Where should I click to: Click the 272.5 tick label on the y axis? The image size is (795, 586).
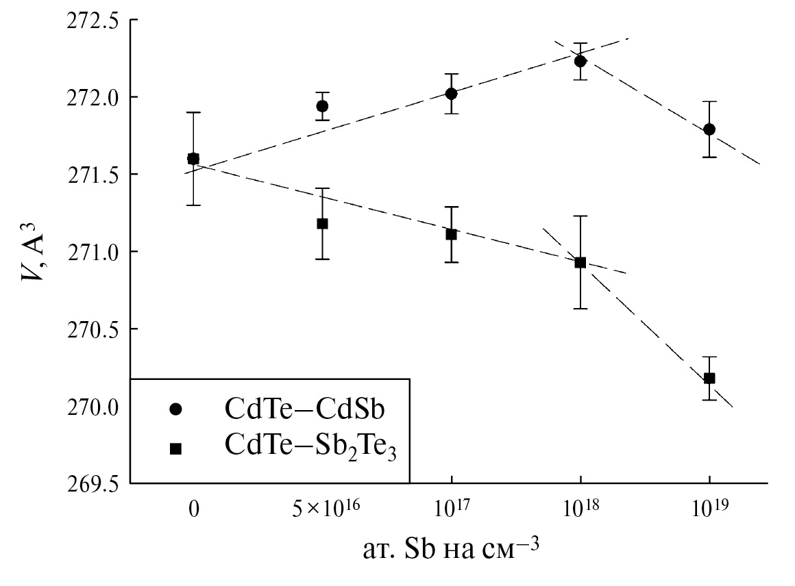click(91, 20)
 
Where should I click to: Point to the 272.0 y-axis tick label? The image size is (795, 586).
click(91, 97)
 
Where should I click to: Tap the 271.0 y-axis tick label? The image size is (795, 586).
click(91, 252)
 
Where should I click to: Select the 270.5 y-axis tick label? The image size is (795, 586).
click(91, 329)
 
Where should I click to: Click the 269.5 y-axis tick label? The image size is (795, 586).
click(91, 484)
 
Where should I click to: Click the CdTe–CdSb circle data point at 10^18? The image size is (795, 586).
click(580, 61)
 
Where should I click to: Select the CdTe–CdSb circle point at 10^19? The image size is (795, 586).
click(709, 129)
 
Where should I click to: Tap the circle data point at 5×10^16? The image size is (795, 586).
click(322, 106)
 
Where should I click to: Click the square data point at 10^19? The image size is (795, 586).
click(709, 378)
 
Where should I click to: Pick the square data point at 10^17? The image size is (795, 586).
click(451, 234)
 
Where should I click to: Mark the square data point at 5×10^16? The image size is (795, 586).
click(322, 223)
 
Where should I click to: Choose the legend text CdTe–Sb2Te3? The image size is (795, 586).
click(311, 448)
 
